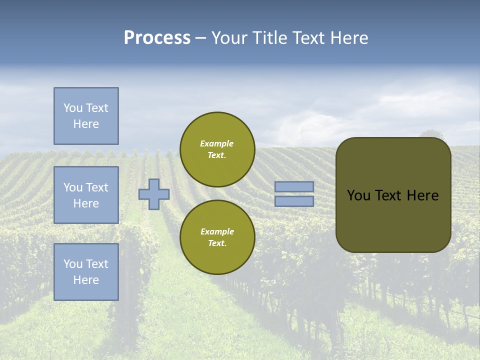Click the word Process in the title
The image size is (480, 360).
coord(157,38)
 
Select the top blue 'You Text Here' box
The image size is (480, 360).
coord(86,116)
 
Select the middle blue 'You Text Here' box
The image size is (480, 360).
coord(86,195)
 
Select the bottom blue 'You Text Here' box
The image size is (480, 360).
coord(86,271)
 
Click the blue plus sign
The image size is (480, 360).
coord(154,194)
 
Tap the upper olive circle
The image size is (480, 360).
coord(217,149)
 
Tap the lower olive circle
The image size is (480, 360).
coord(217,237)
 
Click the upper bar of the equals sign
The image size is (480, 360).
coord(294,187)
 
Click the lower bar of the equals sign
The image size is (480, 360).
coord(294,201)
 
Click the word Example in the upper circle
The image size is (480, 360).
coord(217,143)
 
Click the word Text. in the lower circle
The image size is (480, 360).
coord(217,243)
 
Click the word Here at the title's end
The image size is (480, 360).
coord(349,38)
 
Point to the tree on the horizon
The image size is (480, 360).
coord(431,133)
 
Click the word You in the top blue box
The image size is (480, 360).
coord(73,108)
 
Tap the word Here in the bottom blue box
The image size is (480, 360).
coord(86,280)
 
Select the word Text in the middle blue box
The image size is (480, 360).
coord(97,187)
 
